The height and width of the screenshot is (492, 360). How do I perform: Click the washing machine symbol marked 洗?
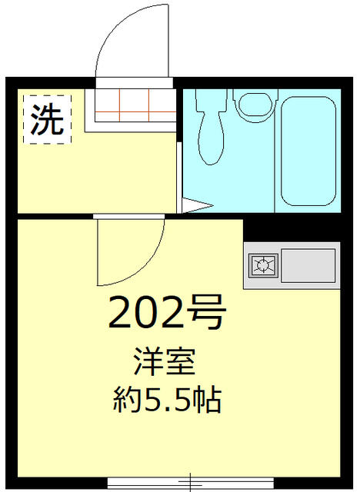click(x=48, y=120)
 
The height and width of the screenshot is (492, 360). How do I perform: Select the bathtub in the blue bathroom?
click(x=308, y=151)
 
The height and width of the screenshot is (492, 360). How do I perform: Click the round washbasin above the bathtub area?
click(x=255, y=106)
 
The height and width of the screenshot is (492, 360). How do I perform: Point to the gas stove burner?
click(x=263, y=265)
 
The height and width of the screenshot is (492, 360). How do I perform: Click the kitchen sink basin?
click(x=308, y=265)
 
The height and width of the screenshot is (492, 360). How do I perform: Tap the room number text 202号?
click(x=167, y=313)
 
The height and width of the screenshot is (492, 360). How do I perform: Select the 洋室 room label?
click(x=165, y=362)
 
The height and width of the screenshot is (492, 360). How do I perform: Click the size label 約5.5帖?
click(x=167, y=400)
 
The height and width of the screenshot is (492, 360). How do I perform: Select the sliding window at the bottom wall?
click(x=191, y=482)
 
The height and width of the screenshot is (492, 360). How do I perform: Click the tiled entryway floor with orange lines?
click(x=135, y=105)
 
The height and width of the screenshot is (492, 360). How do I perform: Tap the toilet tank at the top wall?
click(x=211, y=100)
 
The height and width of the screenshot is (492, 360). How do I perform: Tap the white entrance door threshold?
click(x=135, y=83)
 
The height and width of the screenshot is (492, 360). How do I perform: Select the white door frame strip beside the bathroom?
click(x=179, y=178)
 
